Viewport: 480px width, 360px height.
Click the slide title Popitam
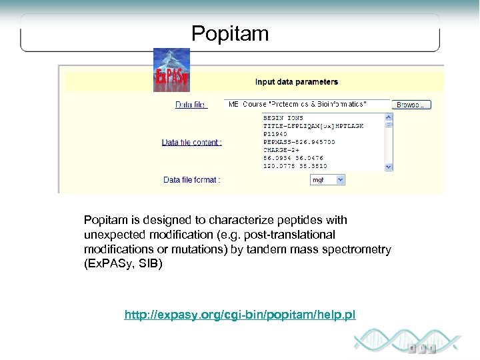click(230, 33)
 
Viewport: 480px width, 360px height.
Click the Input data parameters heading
click(297, 82)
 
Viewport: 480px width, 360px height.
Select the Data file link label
click(191, 105)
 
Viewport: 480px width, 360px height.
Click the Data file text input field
click(307, 105)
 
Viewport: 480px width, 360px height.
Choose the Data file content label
click(192, 142)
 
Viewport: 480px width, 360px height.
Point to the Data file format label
click(192, 179)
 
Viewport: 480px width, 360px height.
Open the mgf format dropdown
click(328, 179)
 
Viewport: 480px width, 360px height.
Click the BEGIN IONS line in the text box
click(283, 118)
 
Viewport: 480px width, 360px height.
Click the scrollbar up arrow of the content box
click(389, 117)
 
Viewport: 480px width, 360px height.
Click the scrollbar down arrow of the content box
click(389, 168)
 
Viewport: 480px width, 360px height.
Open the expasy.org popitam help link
click(240, 314)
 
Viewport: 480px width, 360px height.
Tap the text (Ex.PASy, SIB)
click(123, 264)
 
